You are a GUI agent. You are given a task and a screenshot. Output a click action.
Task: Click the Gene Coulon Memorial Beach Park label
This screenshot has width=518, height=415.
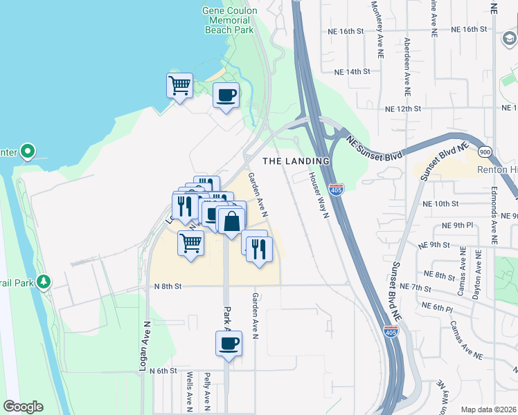point(229,21)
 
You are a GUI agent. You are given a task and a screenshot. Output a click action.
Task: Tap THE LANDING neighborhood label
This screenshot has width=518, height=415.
point(296,160)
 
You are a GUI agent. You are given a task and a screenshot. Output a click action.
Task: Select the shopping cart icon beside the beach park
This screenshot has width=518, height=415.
point(179,86)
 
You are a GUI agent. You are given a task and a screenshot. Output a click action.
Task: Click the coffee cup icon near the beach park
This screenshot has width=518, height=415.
point(225,95)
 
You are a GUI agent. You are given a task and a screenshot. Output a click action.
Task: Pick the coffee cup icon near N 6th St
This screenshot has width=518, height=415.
point(229,343)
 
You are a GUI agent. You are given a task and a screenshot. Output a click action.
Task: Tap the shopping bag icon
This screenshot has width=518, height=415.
point(232,221)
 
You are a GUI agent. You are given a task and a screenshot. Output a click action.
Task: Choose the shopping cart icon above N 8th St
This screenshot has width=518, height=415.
point(190,243)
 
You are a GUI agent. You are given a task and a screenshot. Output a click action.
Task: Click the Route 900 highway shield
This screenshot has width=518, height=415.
point(484,151)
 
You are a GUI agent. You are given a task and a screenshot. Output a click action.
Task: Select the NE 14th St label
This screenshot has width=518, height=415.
point(352,72)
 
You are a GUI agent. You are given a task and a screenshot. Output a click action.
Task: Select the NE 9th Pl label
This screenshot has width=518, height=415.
point(454,225)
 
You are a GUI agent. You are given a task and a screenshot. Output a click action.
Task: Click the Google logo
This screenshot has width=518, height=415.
point(23,407)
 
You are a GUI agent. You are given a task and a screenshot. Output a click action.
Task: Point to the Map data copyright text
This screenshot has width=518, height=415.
point(488,409)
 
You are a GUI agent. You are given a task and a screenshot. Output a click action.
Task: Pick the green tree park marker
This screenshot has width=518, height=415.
point(44,282)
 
